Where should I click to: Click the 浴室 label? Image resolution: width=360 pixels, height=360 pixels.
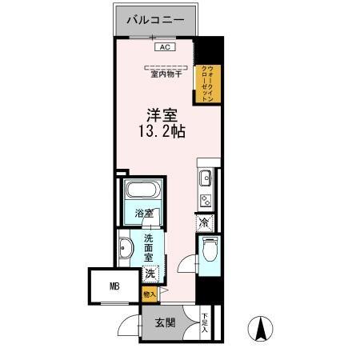[x=144, y=214]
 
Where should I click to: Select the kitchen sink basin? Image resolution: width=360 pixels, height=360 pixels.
[x=204, y=178]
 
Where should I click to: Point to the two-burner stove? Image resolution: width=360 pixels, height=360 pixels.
[x=205, y=201]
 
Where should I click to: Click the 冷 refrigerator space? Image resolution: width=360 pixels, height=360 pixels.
[x=205, y=222]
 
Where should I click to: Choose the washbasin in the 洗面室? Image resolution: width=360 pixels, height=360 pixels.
[x=126, y=250]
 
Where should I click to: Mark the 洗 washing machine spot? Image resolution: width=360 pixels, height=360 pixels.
[x=150, y=274]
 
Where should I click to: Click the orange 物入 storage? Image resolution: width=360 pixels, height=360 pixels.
[x=149, y=294]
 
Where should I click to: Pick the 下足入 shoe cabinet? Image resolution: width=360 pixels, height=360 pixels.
[x=205, y=322]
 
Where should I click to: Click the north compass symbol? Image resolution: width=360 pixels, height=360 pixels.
[x=259, y=328]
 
